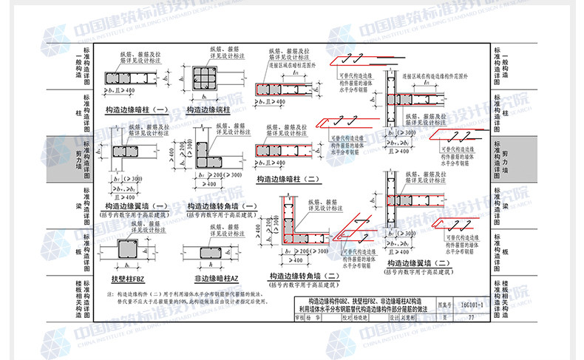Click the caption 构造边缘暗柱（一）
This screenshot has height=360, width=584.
(x=137, y=109)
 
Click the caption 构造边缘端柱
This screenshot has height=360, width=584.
(x=208, y=109)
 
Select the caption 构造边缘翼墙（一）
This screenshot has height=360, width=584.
(x=137, y=206)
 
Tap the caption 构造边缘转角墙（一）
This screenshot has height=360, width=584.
(x=222, y=206)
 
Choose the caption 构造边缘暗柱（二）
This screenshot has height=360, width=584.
(x=289, y=179)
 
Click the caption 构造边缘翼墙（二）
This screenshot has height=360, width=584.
(x=416, y=263)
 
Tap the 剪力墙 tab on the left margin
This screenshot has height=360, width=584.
(x=77, y=157)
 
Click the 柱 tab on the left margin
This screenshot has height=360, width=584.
(x=77, y=112)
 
